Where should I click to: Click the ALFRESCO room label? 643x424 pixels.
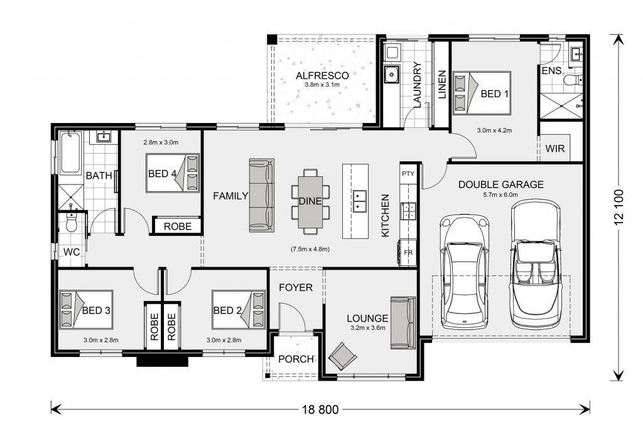[322, 76]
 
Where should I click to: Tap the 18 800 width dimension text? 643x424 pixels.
[321, 409]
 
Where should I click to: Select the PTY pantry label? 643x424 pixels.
[408, 174]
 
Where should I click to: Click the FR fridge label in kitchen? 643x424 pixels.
[408, 253]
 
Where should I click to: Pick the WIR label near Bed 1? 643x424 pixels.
[555, 148]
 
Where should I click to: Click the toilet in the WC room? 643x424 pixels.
[72, 223]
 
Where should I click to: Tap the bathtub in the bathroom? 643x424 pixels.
[70, 152]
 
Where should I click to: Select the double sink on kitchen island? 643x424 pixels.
[360, 201]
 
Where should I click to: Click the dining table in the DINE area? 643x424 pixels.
[310, 201]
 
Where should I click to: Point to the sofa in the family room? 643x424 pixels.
[262, 196]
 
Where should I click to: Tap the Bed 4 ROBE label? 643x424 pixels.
[178, 226]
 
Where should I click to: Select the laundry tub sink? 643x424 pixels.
[392, 75]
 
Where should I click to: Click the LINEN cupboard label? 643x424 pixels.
[441, 85]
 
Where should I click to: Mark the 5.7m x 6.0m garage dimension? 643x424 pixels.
[500, 195]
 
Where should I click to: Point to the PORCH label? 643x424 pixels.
[296, 359]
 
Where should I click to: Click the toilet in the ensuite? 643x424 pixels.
[573, 79]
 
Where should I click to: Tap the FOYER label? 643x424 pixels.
[296, 288]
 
